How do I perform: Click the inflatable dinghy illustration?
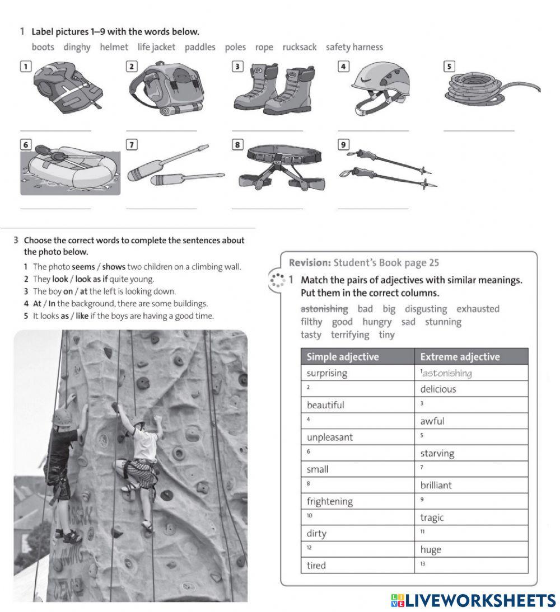[70, 169]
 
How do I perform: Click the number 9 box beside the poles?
[343, 145]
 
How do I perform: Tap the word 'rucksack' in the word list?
[300, 48]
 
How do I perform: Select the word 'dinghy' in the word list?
[77, 48]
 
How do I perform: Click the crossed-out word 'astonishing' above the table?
[324, 309]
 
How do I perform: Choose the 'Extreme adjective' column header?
[460, 357]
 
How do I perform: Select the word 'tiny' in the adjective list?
[386, 335]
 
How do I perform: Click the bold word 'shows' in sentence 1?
[114, 267]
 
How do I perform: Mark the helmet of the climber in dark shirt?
[62, 416]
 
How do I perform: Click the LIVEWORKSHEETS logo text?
[480, 600]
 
